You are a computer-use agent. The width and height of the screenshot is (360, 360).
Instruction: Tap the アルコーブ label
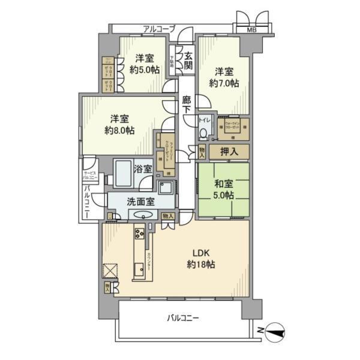click(x=159, y=28)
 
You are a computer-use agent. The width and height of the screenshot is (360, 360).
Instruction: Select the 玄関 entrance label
click(x=188, y=60)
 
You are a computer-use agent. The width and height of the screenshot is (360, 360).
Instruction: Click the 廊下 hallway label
click(x=187, y=106)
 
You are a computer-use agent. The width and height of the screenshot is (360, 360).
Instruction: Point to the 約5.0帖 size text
click(x=144, y=69)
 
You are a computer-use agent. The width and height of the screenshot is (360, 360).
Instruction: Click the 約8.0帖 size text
click(x=119, y=130)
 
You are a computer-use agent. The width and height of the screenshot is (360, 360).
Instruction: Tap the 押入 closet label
click(x=229, y=152)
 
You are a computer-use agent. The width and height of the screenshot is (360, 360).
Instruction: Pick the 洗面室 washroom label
click(x=140, y=202)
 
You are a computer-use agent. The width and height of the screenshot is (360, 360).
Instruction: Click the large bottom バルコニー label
click(x=183, y=317)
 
